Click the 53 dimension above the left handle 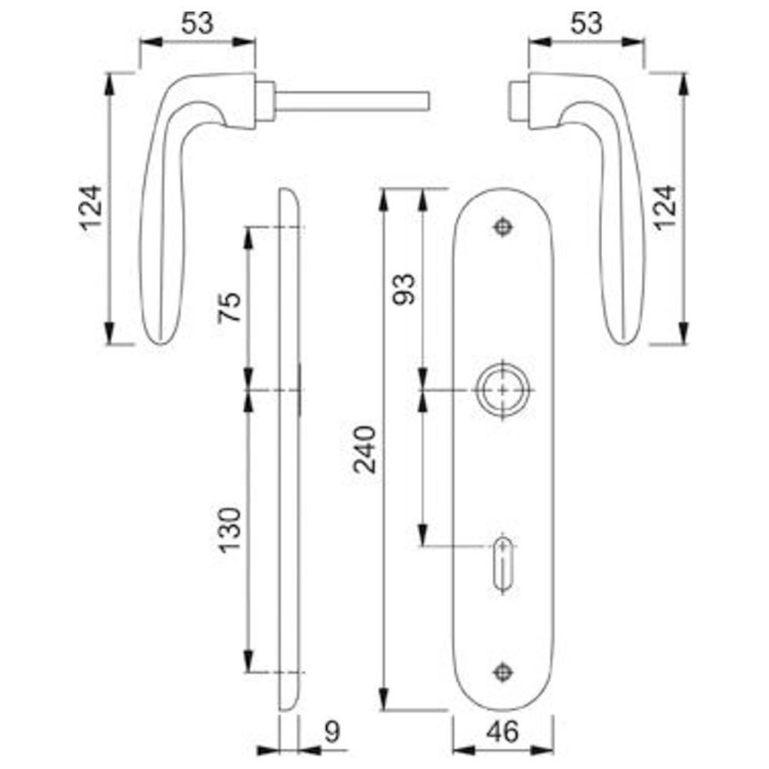coord(198,23)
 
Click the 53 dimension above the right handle coord(586,23)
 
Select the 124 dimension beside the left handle coord(92,208)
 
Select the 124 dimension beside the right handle coord(664,208)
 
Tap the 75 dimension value coord(229,307)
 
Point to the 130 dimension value coord(229,530)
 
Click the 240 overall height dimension coord(365,449)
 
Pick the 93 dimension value coord(404,289)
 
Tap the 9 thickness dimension coord(332,733)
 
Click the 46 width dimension coord(503,733)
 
